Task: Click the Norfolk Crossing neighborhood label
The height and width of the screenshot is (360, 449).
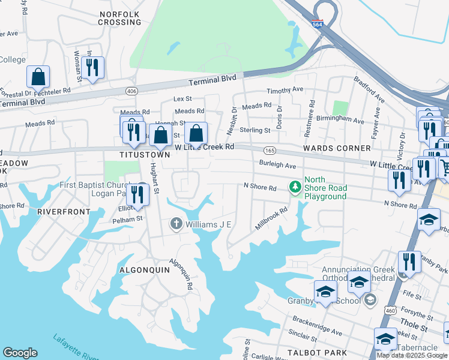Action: (120, 18)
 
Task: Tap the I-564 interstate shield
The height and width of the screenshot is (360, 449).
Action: (318, 25)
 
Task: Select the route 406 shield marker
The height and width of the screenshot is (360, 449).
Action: (131, 91)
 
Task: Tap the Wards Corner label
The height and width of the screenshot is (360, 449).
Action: (337, 148)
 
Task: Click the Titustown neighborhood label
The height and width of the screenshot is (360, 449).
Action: (146, 155)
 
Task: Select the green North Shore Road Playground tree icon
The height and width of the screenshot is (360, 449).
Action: (294, 188)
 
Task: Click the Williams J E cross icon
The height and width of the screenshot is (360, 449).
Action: (176, 224)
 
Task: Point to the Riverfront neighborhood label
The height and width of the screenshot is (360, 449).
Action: (63, 212)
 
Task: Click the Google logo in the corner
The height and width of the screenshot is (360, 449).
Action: (20, 353)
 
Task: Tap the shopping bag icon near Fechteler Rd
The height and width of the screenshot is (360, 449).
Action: (38, 77)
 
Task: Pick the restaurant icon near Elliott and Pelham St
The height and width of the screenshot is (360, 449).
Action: (138, 195)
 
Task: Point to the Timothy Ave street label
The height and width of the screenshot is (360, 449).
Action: (285, 89)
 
